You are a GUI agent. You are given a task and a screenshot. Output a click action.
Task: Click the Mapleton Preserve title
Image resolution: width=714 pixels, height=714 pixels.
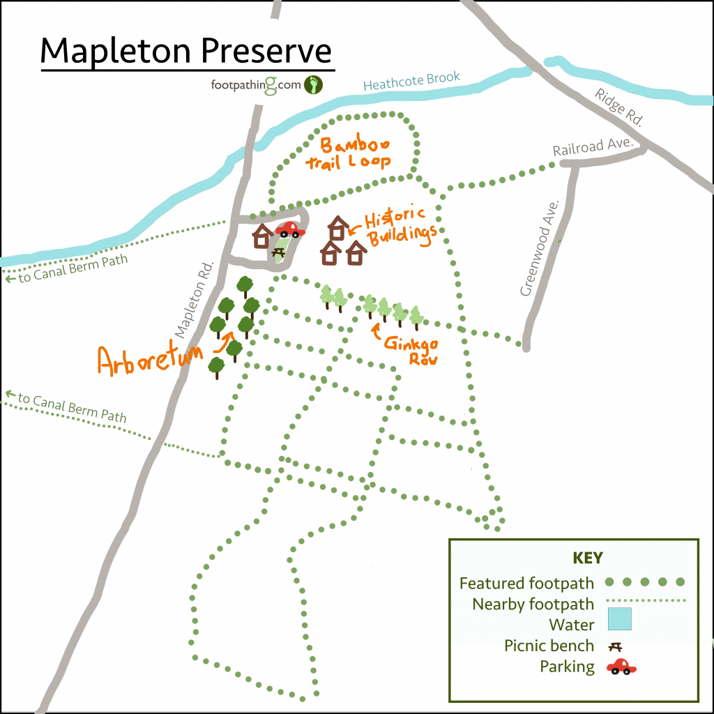tap(186, 50)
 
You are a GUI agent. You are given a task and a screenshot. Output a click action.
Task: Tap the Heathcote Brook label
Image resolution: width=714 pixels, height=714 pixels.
tap(411, 82)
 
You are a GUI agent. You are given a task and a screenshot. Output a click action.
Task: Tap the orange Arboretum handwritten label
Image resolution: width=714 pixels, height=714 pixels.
tap(150, 360)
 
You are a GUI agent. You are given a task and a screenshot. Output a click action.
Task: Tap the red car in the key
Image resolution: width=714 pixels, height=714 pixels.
tap(621, 667)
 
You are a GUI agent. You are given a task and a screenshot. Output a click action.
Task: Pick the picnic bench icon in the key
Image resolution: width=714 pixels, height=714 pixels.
tap(616, 646)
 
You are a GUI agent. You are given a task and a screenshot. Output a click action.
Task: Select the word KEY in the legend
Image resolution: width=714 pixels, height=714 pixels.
tap(587, 558)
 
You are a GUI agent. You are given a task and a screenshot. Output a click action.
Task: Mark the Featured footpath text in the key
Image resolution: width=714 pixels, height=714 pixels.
tap(526, 583)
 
